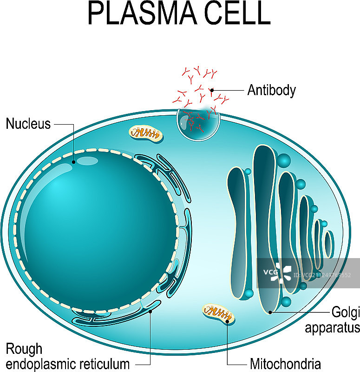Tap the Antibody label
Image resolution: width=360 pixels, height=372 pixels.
[x=271, y=90]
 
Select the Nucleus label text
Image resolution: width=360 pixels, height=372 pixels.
[x=28, y=124]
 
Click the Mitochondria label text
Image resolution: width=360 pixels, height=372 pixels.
[x=285, y=363]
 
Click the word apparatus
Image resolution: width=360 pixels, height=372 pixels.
[x=332, y=327]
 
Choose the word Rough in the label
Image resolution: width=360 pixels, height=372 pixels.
[x=24, y=349]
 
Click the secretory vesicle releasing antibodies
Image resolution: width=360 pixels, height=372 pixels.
[x=198, y=123]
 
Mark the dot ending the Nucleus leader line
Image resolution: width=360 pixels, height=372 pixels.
[x=74, y=162]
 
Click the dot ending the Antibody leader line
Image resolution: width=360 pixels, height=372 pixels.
[x=212, y=90]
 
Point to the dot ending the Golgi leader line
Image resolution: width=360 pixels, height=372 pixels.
[x=270, y=312]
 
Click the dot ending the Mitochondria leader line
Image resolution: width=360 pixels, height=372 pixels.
[x=227, y=321]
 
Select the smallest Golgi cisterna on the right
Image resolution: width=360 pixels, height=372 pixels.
[x=329, y=244]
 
